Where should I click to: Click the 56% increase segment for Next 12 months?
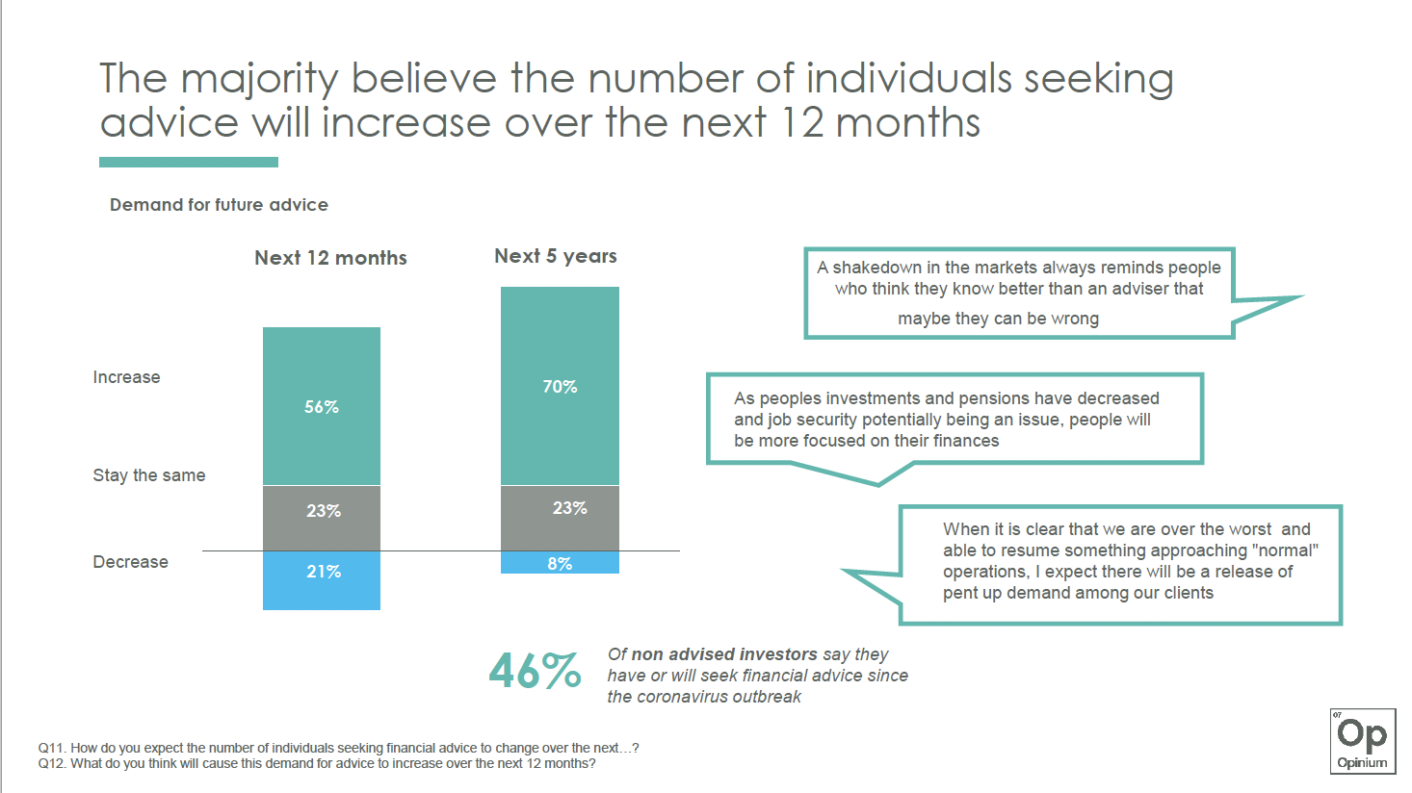click(x=322, y=406)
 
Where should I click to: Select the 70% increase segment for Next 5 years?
click(x=560, y=386)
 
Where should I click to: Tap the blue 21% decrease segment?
click(x=322, y=579)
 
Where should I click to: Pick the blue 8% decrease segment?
click(x=560, y=563)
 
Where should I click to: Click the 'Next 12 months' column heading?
click(x=330, y=258)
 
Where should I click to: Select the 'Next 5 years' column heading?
click(x=555, y=256)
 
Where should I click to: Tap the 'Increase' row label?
click(x=126, y=377)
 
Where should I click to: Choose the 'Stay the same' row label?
click(x=148, y=475)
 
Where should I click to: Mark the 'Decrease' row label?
click(x=130, y=562)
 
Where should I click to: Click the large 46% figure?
click(x=535, y=672)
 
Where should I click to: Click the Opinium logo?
click(x=1362, y=741)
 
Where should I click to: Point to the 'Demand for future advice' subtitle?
click(x=219, y=205)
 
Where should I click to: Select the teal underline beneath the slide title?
click(x=189, y=163)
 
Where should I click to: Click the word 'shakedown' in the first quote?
click(x=875, y=268)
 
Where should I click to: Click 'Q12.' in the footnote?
click(x=52, y=764)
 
